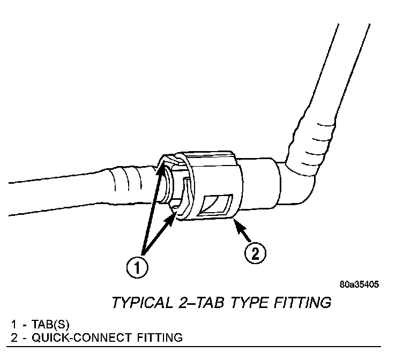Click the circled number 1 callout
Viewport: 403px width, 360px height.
coord(138,266)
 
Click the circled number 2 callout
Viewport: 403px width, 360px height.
coord(255,252)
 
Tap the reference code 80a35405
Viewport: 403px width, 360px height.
coord(359,284)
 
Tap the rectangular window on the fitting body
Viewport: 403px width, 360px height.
coord(217,205)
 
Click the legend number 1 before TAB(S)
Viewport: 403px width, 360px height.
coord(13,325)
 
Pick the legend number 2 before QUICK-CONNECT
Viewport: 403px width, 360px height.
coord(13,337)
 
